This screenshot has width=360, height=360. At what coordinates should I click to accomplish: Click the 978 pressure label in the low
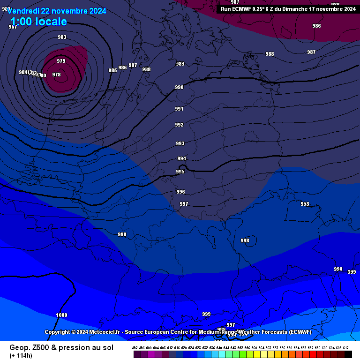coord(56,75)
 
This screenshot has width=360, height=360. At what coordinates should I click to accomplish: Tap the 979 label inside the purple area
coord(61,61)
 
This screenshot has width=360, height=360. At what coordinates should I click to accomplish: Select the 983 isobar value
coord(62,37)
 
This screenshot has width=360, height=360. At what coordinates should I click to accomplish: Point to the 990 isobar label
coord(179,87)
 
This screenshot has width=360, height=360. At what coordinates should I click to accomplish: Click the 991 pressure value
coord(179,109)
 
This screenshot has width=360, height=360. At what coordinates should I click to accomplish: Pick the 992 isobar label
coord(179,125)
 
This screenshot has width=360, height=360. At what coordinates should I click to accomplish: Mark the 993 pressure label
coord(180,143)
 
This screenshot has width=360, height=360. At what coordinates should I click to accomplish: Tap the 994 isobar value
coord(181,158)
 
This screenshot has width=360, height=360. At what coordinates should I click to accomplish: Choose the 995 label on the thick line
coord(180,172)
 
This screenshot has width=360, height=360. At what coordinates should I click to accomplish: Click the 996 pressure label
coord(180,192)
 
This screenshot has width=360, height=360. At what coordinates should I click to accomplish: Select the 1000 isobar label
coord(61,315)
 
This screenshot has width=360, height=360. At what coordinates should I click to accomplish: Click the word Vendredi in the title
coord(23,11)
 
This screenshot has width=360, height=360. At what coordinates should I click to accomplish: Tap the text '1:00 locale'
coord(38,22)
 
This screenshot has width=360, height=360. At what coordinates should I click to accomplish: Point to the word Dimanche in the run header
coord(294,8)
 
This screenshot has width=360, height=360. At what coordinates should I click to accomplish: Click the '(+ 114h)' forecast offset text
coord(21,355)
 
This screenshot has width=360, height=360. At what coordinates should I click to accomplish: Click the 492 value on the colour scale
coord(135,348)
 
